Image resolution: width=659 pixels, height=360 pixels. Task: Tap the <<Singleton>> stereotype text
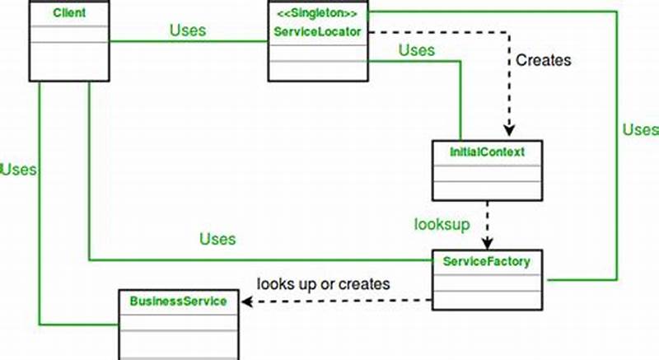coord(317,14)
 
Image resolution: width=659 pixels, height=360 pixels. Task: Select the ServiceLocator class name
coord(317,30)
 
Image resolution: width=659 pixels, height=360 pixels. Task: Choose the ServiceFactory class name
coord(488,261)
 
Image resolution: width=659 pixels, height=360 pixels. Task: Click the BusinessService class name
coord(178,301)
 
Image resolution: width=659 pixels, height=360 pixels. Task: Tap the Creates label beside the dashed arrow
coord(544,60)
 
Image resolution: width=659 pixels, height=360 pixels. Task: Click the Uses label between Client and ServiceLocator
coord(188,30)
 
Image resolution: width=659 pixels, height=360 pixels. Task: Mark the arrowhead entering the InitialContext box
coord(510,133)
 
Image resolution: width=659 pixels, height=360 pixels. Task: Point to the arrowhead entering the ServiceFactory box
coord(488,244)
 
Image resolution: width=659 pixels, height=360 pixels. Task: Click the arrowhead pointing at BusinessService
coord(245,302)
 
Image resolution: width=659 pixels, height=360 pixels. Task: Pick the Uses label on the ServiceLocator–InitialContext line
coord(416,50)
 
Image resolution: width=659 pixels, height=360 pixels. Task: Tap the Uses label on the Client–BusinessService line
coord(18,170)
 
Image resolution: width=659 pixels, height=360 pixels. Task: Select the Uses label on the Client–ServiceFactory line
coord(217,239)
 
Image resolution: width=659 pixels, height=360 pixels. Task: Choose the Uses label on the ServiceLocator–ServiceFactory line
coord(639,129)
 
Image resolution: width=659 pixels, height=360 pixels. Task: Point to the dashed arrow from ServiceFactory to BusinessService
coord(338,302)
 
